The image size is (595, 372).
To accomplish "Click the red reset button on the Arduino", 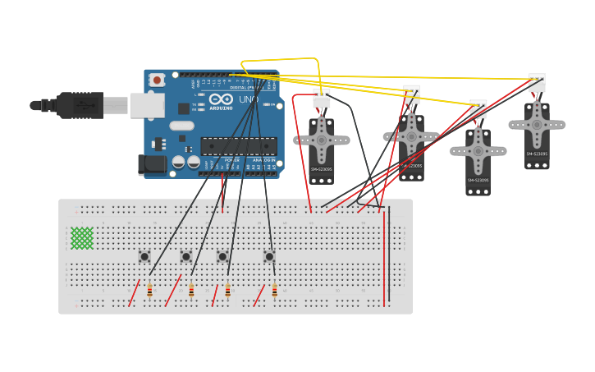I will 157,80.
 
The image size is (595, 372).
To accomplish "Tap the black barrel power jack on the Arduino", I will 153,165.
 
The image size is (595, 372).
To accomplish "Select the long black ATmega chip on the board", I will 238,146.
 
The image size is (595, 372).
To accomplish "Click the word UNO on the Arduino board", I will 248,99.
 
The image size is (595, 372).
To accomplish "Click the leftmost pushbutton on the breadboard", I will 144,256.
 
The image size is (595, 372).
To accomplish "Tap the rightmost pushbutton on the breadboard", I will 268,256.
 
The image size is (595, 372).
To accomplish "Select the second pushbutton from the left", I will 186,256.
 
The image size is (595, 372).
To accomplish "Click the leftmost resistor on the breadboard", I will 149,290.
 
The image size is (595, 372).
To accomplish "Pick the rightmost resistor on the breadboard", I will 274,290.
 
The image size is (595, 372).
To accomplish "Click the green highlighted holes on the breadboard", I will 81,238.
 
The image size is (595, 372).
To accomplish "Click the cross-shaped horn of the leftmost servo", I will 322,140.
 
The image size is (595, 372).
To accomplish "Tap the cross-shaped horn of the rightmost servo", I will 537,125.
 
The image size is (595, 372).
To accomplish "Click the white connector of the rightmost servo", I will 537,82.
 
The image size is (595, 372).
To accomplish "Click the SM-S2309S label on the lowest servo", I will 478,180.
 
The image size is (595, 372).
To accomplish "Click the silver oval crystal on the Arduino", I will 181,126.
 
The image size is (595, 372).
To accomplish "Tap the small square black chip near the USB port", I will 184,108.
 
